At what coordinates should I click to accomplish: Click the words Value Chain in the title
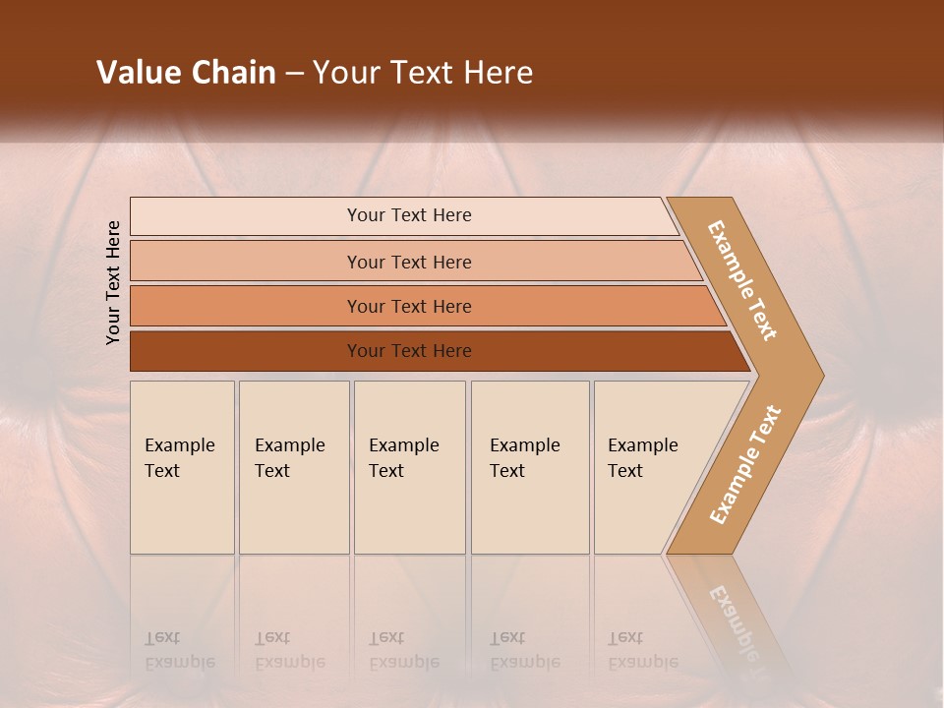[x=186, y=73]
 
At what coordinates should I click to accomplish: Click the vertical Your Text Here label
[x=113, y=282]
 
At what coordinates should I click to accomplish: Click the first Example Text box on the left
[x=182, y=467]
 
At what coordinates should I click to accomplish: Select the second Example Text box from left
[x=294, y=467]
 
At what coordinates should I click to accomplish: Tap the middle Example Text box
[x=409, y=467]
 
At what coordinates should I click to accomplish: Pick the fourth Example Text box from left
[x=530, y=467]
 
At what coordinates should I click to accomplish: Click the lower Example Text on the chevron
[x=745, y=464]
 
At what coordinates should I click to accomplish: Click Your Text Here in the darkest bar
[x=409, y=351]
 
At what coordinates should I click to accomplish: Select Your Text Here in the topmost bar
[x=409, y=215]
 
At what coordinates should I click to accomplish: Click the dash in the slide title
[x=294, y=74]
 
